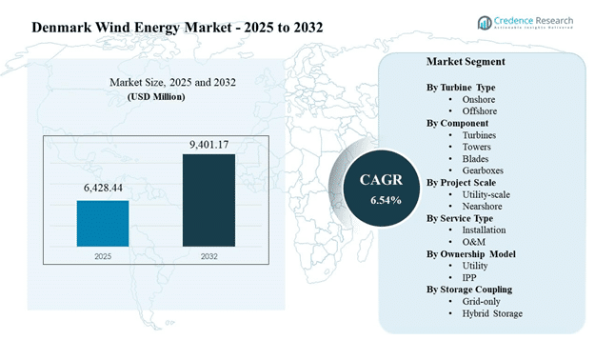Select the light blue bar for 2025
[x=102, y=224]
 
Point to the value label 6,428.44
[x=102, y=189]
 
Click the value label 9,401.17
[x=209, y=144]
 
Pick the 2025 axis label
[x=102, y=257]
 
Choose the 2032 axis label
[x=209, y=257]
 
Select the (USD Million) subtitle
[x=156, y=96]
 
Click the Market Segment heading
[x=466, y=62]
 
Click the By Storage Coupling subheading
[x=469, y=290]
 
